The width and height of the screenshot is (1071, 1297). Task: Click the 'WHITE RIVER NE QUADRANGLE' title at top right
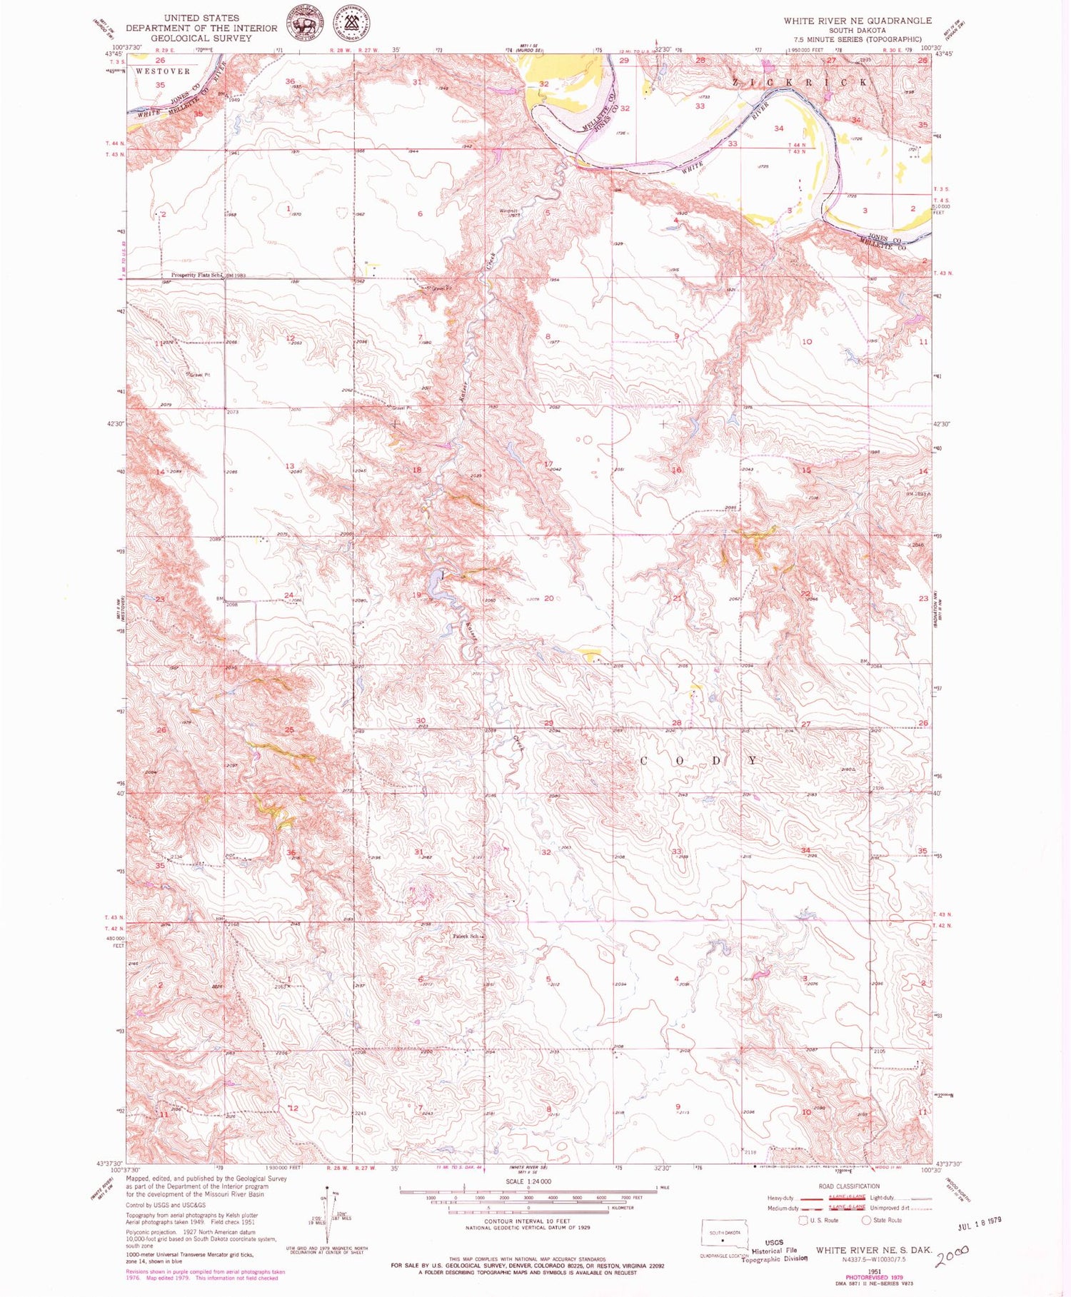coord(857,21)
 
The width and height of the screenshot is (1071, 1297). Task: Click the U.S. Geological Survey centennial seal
coord(355,24)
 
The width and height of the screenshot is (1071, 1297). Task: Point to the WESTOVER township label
coord(163,71)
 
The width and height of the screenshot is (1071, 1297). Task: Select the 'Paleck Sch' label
coord(466,936)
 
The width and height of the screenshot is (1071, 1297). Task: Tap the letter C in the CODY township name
coord(643,761)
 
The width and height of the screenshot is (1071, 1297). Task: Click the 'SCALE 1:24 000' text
coord(528,1181)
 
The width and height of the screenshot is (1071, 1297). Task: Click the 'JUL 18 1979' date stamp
coord(979,1221)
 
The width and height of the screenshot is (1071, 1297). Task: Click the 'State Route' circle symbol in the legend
coord(866,1220)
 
